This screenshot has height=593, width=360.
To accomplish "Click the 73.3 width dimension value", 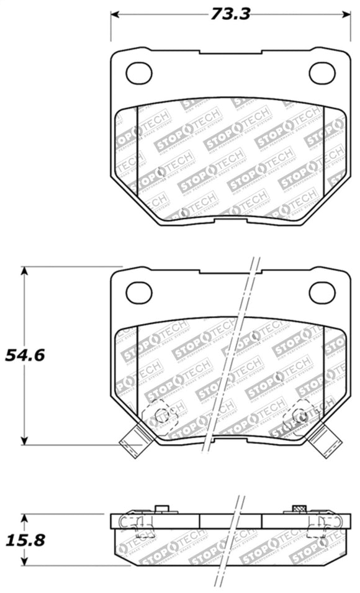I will pyautogui.click(x=230, y=14).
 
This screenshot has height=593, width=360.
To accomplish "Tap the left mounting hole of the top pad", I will pyautogui.click(x=138, y=73).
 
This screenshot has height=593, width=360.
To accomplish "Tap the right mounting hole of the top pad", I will pyautogui.click(x=322, y=73).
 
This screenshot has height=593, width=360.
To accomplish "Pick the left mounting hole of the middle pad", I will pyautogui.click(x=138, y=292).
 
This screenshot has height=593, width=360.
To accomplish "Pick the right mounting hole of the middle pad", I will pyautogui.click(x=322, y=292).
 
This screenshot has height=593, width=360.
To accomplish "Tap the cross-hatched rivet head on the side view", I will pyautogui.click(x=299, y=510).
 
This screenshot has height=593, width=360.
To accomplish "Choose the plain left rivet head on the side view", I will pyautogui.click(x=163, y=510).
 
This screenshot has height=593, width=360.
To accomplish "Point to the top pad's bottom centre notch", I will pyautogui.click(x=230, y=222).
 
